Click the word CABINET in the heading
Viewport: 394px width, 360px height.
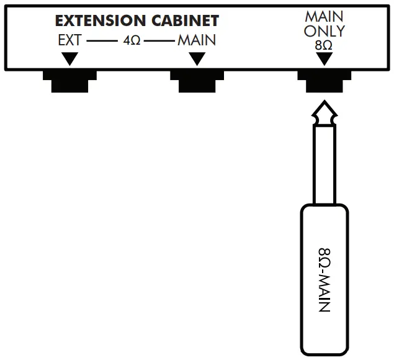tap(184, 21)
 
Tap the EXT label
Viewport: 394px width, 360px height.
tap(69, 41)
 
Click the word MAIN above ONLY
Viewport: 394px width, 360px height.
tap(323, 14)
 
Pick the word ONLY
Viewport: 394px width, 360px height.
tap(323, 30)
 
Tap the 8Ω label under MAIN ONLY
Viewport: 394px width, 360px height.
tap(323, 45)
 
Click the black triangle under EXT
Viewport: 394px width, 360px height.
tap(70, 58)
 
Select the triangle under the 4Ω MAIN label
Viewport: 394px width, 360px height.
tap(197, 58)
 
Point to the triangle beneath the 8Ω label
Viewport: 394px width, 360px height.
tap(323, 58)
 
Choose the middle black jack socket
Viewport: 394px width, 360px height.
tap(197, 81)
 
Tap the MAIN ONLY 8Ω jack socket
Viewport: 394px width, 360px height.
tap(323, 81)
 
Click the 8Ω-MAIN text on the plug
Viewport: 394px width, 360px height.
tap(324, 279)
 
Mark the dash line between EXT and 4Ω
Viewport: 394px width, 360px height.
tap(97, 42)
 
